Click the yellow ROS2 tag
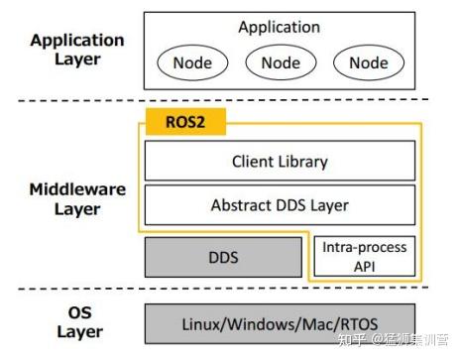tap(185, 122)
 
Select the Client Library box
tap(280, 161)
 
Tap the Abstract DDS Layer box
tap(280, 205)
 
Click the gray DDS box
tap(223, 257)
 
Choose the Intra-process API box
tap(365, 256)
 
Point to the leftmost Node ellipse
tap(192, 62)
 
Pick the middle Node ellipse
tap(281, 62)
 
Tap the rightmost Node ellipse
tap(369, 62)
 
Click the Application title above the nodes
tap(280, 27)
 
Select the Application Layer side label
tap(77, 50)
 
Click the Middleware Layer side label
tap(77, 199)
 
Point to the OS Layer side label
tap(79, 322)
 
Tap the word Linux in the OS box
tap(201, 324)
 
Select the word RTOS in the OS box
tap(359, 324)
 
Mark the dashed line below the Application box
tap(223, 100)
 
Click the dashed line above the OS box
tap(223, 289)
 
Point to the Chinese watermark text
tap(394, 340)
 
